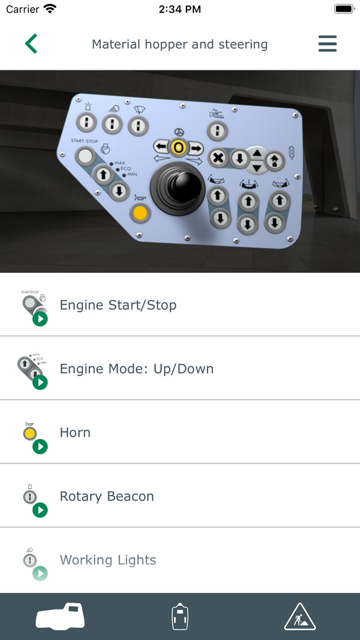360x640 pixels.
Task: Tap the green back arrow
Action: pyautogui.click(x=31, y=44)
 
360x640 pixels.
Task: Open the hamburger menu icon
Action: pyautogui.click(x=328, y=44)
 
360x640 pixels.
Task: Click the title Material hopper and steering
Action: pyautogui.click(x=179, y=44)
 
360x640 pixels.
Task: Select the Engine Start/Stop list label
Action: pyautogui.click(x=118, y=305)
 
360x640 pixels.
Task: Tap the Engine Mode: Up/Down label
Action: pyautogui.click(x=136, y=369)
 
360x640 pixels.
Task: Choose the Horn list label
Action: pyautogui.click(x=75, y=433)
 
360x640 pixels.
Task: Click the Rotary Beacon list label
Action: pyautogui.click(x=106, y=496)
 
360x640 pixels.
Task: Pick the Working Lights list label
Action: pyautogui.click(x=107, y=560)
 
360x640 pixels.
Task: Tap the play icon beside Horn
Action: pyautogui.click(x=40, y=447)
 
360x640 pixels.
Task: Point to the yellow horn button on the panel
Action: pyautogui.click(x=140, y=212)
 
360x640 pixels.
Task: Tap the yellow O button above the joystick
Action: pyautogui.click(x=178, y=148)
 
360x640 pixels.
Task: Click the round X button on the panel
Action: pyautogui.click(x=218, y=157)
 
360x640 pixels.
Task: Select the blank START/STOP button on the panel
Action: pyautogui.click(x=86, y=156)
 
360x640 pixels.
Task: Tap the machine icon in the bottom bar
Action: pyautogui.click(x=60, y=616)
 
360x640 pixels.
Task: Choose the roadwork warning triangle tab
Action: pyautogui.click(x=300, y=616)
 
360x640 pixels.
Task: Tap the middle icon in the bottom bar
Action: pyautogui.click(x=179, y=616)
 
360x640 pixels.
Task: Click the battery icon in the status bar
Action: pyautogui.click(x=343, y=9)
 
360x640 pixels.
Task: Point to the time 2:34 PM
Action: pyautogui.click(x=179, y=9)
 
